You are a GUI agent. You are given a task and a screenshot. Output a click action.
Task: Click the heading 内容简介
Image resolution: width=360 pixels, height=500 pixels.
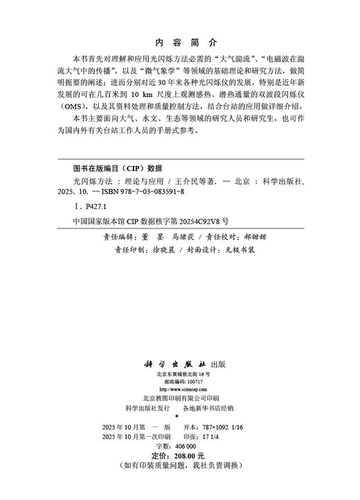tap(179, 41)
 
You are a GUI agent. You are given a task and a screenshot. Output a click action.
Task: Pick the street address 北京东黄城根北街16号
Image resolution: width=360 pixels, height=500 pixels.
tap(180, 374)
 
